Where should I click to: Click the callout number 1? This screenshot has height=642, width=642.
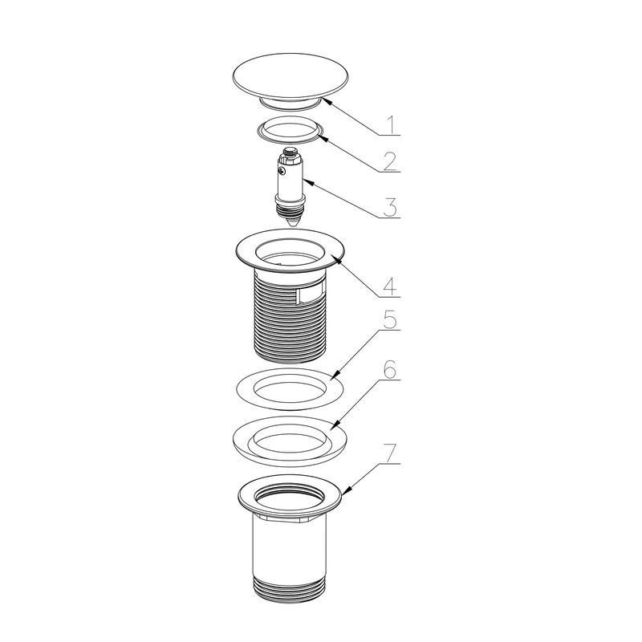coord(391,124)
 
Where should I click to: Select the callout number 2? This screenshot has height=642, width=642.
coord(390,161)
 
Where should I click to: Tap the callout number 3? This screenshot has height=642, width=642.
coord(390,207)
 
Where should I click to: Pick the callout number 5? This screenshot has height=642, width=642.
coord(390,319)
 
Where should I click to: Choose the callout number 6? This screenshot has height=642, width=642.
coord(390,370)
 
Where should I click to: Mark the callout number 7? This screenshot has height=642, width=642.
coord(390,453)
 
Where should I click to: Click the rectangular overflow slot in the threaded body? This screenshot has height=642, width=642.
coord(311,295)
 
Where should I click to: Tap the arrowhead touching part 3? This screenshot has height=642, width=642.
coord(304,181)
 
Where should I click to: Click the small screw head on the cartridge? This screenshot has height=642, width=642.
coord(282,171)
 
